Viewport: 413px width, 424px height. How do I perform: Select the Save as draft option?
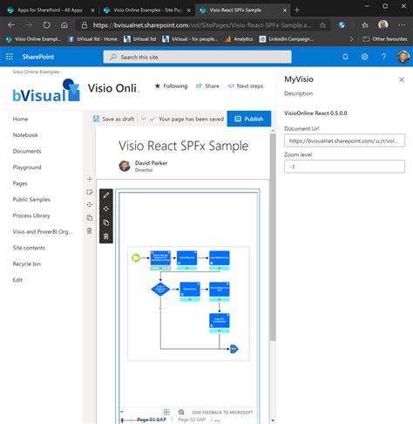tap(116, 119)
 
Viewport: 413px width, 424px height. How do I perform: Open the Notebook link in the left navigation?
tap(25, 135)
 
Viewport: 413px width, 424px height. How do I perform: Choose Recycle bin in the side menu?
tap(28, 263)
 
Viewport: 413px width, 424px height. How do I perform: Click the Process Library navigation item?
tap(31, 215)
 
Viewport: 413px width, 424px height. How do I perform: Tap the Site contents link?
tap(30, 248)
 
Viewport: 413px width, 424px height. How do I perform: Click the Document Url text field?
tap(344, 140)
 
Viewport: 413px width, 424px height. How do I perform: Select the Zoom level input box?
tap(344, 166)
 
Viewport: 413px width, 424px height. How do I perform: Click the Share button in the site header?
tap(207, 86)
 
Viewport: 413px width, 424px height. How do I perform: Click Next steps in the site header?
tap(245, 86)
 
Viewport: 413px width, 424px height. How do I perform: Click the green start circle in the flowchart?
tap(134, 257)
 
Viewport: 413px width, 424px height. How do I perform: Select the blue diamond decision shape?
tap(160, 289)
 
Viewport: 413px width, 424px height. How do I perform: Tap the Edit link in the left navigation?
tap(18, 279)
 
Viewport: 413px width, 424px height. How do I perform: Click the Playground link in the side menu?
tap(27, 167)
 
